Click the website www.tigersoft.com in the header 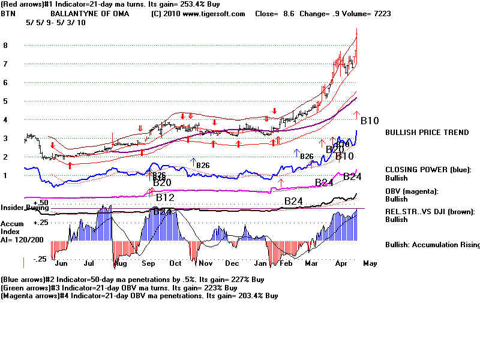pos(211,13)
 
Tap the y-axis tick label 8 pos(5,45)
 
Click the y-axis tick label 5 pos(5,101)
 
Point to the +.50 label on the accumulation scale pos(40,203)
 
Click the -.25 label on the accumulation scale pos(40,259)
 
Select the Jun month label pos(61,263)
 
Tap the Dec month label pos(232,263)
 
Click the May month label pos(370,263)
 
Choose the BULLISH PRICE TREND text pos(427,132)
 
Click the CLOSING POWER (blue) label pos(428,170)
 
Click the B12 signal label pos(165,197)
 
